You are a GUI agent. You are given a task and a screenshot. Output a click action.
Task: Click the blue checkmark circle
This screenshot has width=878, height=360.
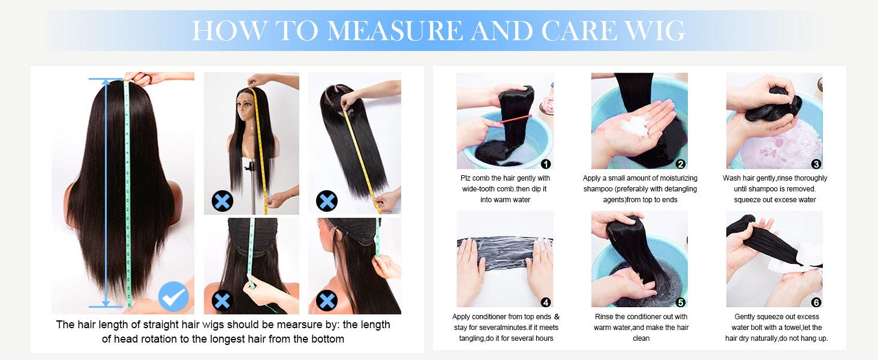[173, 296]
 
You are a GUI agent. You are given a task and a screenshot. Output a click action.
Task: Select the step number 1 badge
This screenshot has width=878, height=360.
[545, 164]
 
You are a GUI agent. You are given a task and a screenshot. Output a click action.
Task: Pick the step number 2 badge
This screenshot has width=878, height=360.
[681, 164]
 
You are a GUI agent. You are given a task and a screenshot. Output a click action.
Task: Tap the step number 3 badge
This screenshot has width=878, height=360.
[816, 164]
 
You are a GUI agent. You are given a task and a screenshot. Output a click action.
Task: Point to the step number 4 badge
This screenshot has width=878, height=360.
[545, 302]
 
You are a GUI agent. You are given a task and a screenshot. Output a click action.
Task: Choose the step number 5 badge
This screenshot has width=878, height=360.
[681, 302]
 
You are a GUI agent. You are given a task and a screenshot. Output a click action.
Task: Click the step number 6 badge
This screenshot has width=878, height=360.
[816, 302]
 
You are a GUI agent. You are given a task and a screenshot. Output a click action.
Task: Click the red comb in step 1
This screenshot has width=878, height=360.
[515, 119]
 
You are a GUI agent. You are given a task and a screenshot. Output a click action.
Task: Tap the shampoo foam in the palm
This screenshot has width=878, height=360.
[636, 125]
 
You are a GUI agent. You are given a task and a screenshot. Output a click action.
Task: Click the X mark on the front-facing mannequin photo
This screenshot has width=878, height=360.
[222, 201]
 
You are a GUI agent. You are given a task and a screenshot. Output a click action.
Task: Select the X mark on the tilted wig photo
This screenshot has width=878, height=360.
[326, 201]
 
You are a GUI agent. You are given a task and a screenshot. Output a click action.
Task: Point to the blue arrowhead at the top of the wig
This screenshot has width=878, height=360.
[106, 82]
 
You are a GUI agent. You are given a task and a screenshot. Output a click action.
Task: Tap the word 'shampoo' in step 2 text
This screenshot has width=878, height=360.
[598, 189]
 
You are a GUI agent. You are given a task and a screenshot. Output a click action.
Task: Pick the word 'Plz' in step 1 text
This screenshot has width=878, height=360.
[465, 178]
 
